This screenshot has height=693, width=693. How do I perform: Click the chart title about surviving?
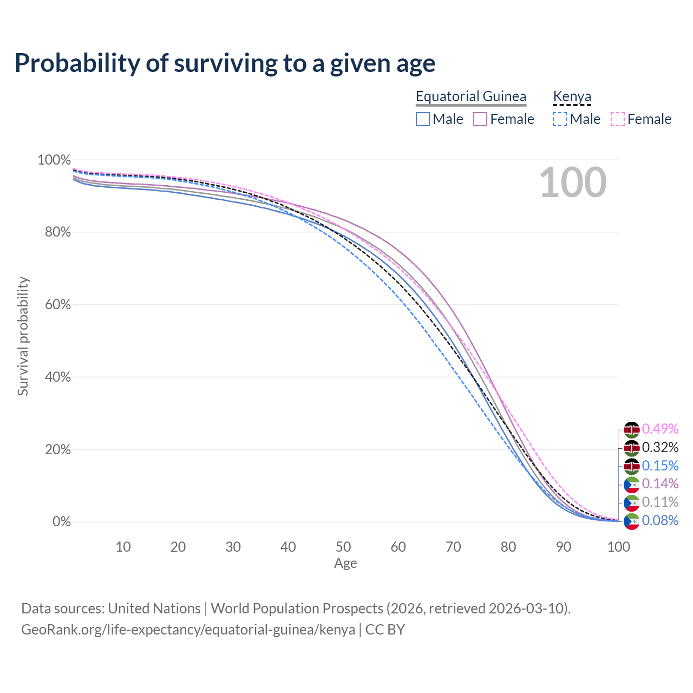[x=225, y=63]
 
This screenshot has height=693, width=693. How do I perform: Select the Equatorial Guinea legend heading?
[x=470, y=96]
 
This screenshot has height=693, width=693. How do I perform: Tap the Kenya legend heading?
[x=572, y=96]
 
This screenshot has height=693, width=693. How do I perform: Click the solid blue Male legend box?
[x=423, y=119]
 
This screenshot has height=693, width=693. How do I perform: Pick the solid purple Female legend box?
[x=480, y=119]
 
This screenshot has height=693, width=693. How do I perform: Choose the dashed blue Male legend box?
[x=560, y=119]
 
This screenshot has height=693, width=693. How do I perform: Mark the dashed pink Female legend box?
[x=618, y=119]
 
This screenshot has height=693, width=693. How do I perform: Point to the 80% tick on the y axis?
[x=54, y=232]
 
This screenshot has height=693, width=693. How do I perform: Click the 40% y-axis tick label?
[x=54, y=377]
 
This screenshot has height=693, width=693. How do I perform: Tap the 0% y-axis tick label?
[x=61, y=522]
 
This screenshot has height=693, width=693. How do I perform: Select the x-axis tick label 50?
[x=343, y=547]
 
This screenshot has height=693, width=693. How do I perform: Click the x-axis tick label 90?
[x=564, y=547]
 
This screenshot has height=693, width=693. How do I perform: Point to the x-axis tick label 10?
[x=123, y=547]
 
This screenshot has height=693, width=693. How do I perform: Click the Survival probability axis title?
[x=23, y=336]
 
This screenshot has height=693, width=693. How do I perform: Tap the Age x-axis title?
[x=345, y=564]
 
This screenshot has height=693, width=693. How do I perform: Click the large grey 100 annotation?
[x=573, y=182]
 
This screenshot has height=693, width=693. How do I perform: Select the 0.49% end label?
[x=660, y=429]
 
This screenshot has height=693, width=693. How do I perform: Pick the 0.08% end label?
[x=660, y=521]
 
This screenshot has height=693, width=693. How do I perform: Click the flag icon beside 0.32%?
[x=632, y=448]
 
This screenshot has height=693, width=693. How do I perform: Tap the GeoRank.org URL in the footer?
[x=188, y=630]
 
